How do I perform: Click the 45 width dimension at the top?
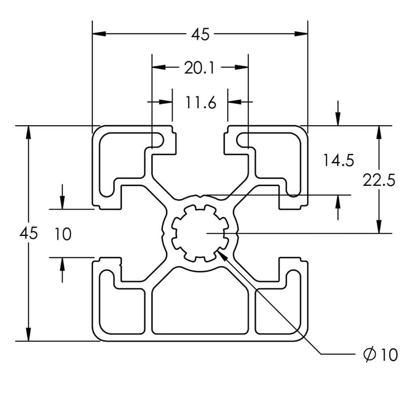200,34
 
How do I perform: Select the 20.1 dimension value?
199,67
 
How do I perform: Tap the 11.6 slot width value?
200,103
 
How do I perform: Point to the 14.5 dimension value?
339,161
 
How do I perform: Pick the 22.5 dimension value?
379,180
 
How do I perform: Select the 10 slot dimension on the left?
63,234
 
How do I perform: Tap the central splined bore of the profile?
200,233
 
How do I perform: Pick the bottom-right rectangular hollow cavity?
279,309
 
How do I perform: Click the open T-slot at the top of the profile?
200,151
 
